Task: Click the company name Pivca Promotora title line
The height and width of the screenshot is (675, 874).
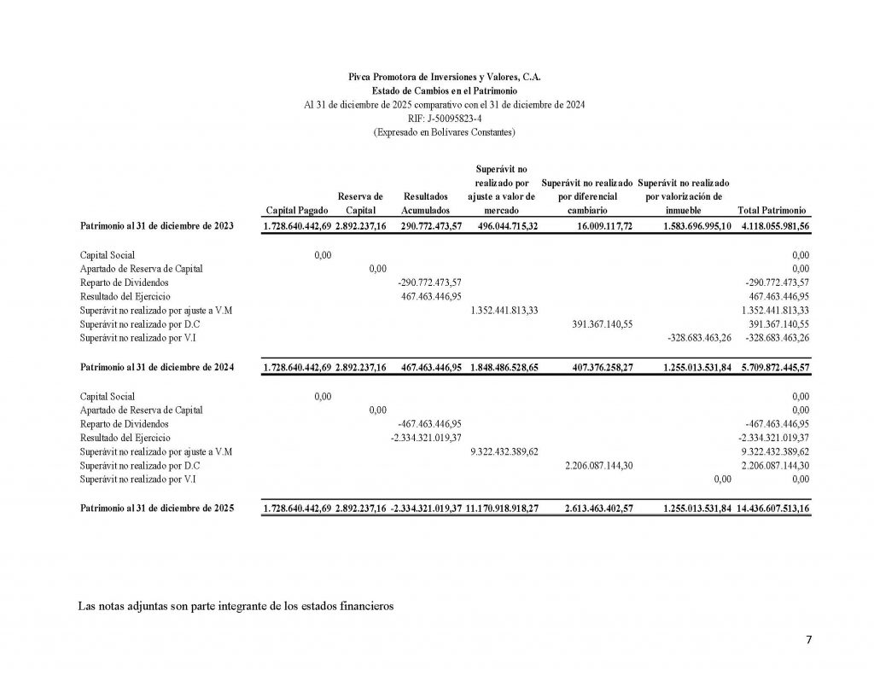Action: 444,76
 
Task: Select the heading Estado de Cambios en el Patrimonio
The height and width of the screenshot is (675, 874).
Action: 444,90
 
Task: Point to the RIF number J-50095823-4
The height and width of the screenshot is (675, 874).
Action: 444,118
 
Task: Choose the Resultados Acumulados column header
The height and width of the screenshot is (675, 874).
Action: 425,203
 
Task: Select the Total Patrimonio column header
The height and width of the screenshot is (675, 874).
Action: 766,210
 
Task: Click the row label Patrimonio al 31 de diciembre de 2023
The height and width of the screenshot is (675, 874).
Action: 157,226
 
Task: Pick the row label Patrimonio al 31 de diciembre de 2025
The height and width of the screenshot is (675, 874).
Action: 157,508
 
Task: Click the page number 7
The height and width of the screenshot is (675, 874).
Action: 808,641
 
